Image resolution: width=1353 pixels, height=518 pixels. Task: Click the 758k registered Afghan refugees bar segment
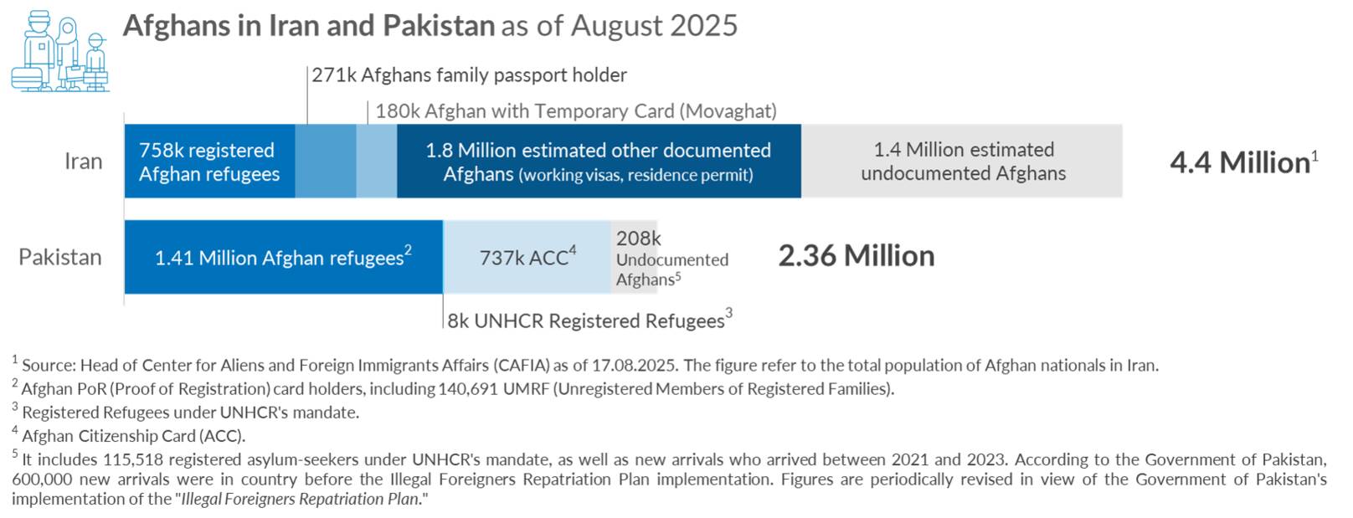pos(209,162)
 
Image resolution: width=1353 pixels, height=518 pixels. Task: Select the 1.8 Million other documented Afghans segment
pos(599,162)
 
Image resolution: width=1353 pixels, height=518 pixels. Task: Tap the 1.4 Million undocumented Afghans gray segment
pos(963,162)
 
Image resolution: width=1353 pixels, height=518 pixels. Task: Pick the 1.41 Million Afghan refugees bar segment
pos(283,258)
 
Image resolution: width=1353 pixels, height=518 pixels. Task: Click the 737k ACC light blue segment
pos(527,258)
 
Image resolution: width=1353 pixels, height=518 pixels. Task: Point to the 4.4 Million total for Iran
pos(1240,162)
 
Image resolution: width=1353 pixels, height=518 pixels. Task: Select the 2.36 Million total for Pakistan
pos(856,256)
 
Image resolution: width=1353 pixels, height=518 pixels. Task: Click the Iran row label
pos(84,162)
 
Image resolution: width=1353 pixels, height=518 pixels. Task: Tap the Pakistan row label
pos(60,257)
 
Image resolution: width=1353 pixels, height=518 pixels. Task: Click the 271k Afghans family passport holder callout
pos(469,75)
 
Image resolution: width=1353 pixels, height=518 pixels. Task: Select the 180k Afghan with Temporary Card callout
pos(576,111)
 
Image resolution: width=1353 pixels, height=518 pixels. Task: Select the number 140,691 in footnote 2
pos(469,389)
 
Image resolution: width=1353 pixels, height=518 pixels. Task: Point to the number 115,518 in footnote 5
pos(140,459)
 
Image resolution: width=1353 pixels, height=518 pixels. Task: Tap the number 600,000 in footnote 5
pos(42,480)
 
